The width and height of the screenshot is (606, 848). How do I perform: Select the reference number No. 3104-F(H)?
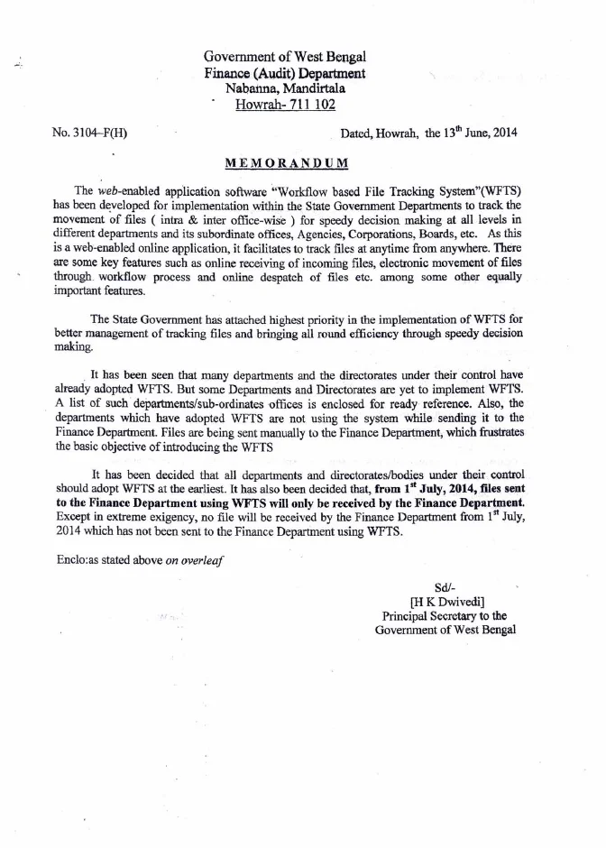tap(90, 134)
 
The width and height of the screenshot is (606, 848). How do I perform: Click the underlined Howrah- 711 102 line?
tap(285, 104)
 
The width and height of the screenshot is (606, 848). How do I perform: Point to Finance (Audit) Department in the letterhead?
tap(285, 73)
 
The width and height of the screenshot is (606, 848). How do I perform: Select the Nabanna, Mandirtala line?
tap(285, 88)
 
